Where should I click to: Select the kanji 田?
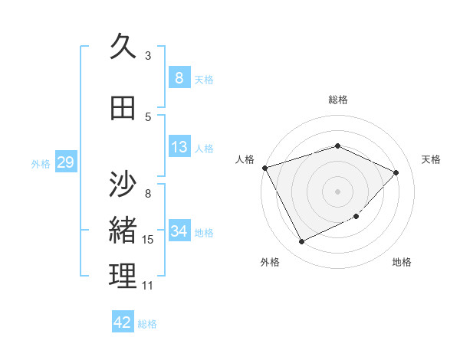point(123,108)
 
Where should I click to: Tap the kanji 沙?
point(123,185)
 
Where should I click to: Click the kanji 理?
point(123,277)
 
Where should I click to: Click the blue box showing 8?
point(179,77)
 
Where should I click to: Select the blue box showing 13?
point(179,146)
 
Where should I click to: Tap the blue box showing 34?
point(179,231)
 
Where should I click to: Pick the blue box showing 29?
point(65,162)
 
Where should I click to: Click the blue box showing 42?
point(123,322)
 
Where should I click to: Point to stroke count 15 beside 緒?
point(148,240)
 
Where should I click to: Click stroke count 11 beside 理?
point(148,286)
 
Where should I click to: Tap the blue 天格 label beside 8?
point(204,79)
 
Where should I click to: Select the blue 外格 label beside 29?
point(41,163)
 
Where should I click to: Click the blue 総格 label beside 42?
point(147,324)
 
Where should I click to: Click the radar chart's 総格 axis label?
point(338,100)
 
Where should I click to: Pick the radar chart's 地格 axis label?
point(402,263)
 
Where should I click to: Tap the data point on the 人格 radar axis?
point(264,167)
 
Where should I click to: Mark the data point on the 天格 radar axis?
point(396,172)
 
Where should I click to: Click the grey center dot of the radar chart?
point(338,191)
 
